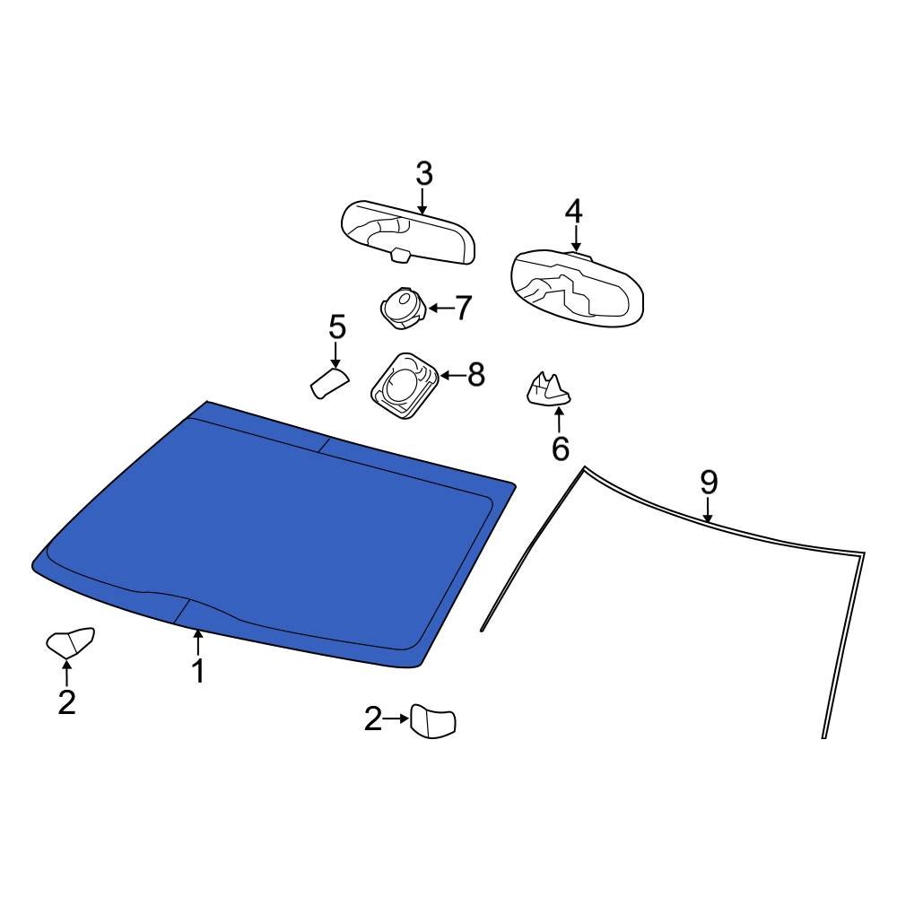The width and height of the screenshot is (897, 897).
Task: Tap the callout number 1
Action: pos(197,670)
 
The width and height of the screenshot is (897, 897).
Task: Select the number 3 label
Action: pos(423,174)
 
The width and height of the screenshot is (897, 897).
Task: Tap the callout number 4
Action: pos(573,212)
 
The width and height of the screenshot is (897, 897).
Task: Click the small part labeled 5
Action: pos(328,383)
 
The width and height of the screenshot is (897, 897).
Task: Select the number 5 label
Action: pos(336,327)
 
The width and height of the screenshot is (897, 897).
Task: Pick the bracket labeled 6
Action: pos(547,390)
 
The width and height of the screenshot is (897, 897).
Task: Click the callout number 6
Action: pos(560,448)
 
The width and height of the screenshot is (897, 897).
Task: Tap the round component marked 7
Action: pos(401,307)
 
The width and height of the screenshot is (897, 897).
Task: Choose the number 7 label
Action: pos(462,309)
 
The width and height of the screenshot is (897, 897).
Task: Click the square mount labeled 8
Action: pos(405,383)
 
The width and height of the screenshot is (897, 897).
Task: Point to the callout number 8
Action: pos(475,375)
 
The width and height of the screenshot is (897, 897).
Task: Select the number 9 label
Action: pos(709,483)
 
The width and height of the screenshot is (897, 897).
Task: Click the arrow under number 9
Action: pos(708,510)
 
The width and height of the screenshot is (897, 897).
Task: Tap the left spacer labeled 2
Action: pos(69,643)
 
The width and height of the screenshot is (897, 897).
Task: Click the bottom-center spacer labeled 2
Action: pos(432,722)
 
